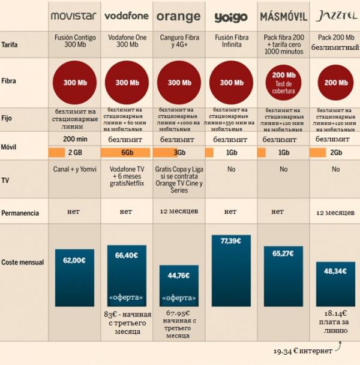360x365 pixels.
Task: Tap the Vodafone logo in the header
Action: pos(127,16)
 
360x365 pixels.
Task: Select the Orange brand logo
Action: pos(178,16)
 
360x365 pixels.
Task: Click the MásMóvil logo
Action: pos(282,16)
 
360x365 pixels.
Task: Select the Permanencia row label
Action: pos(20,213)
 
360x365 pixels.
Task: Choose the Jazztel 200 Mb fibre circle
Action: pos(334,83)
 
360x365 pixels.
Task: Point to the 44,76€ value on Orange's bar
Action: pos(178,276)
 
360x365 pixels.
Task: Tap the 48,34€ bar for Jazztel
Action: pos(334,285)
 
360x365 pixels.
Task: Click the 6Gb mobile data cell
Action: pos(127,152)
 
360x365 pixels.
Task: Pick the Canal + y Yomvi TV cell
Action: pos(74,170)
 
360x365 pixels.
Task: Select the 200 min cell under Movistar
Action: pos(74,139)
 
